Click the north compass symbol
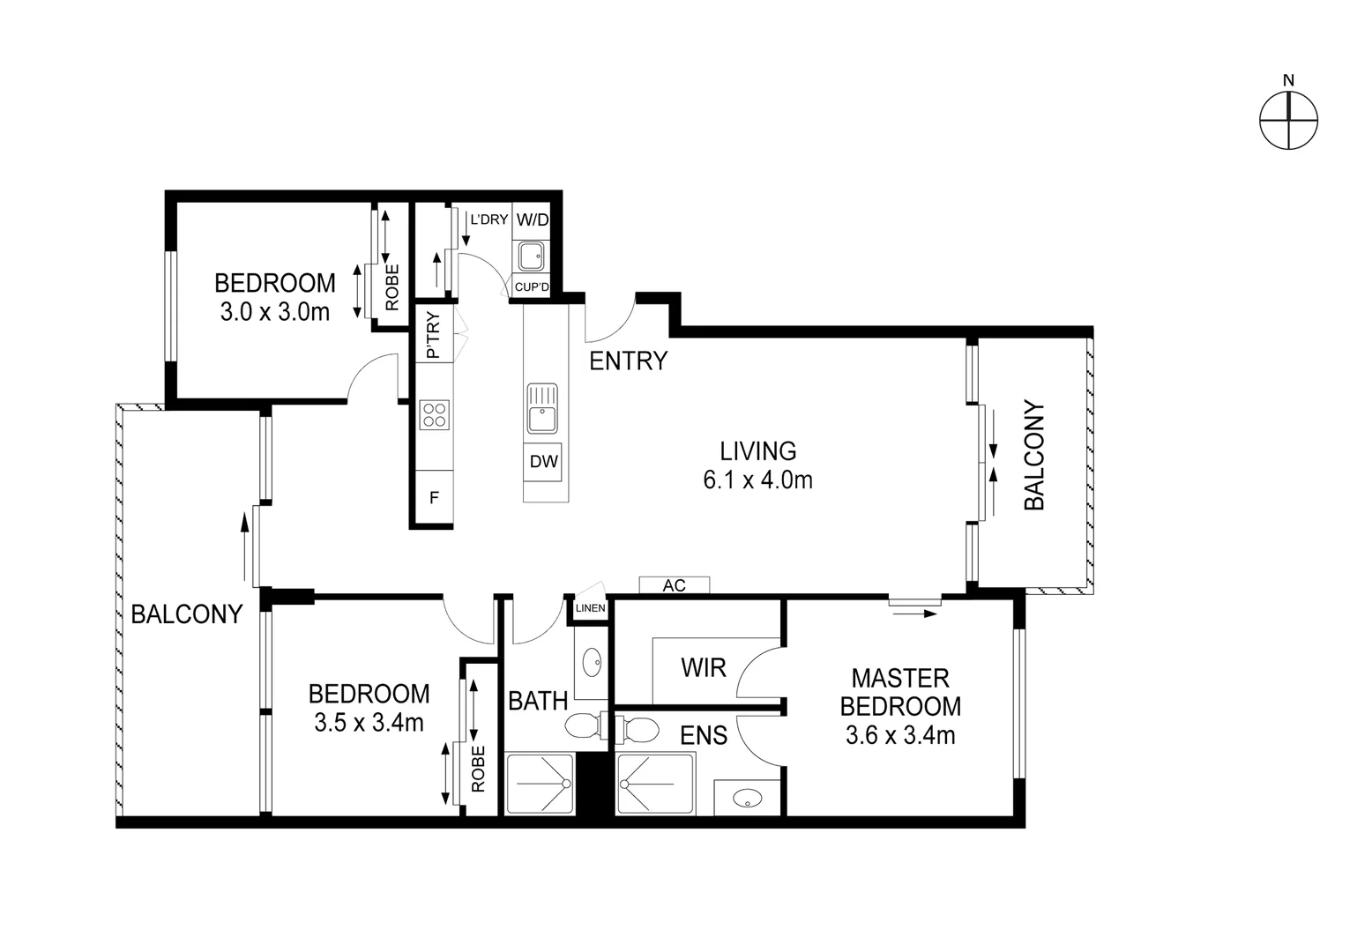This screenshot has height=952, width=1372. [x=1288, y=119]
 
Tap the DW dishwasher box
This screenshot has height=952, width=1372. [x=543, y=461]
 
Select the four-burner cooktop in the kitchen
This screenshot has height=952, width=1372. [x=435, y=414]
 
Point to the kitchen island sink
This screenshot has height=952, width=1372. [x=541, y=408]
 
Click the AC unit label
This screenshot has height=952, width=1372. [x=675, y=585]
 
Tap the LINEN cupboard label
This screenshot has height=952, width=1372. [x=590, y=608]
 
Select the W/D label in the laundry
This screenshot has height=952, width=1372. [x=532, y=219]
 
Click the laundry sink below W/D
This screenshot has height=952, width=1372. [x=531, y=257]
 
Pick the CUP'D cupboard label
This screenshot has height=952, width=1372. [x=532, y=287]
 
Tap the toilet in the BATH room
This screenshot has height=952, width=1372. [x=582, y=726]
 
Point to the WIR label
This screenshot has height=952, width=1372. [x=704, y=667]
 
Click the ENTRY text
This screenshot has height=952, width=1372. [x=628, y=361]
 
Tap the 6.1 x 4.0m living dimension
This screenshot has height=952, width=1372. [x=757, y=480]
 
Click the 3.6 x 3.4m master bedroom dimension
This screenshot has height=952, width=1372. [x=900, y=735]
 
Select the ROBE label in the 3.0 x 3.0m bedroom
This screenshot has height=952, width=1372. [x=392, y=286]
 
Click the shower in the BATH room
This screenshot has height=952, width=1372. [x=539, y=784]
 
